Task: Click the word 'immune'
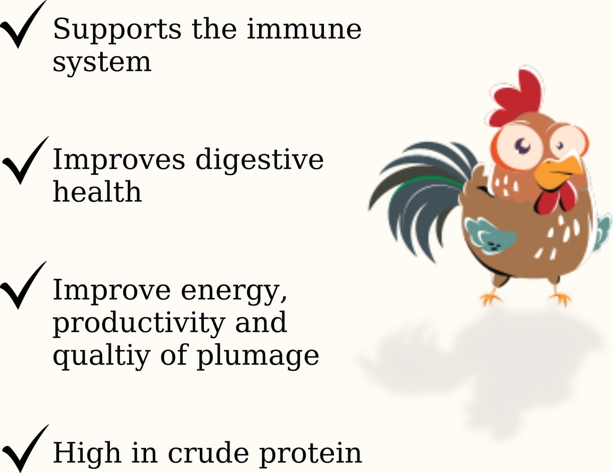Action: (304, 29)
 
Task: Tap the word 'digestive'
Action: (260, 160)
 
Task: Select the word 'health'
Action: (98, 191)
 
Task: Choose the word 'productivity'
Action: (139, 324)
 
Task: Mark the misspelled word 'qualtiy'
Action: (101, 357)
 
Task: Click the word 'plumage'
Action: (258, 357)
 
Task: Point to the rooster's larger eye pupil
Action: (523, 146)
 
